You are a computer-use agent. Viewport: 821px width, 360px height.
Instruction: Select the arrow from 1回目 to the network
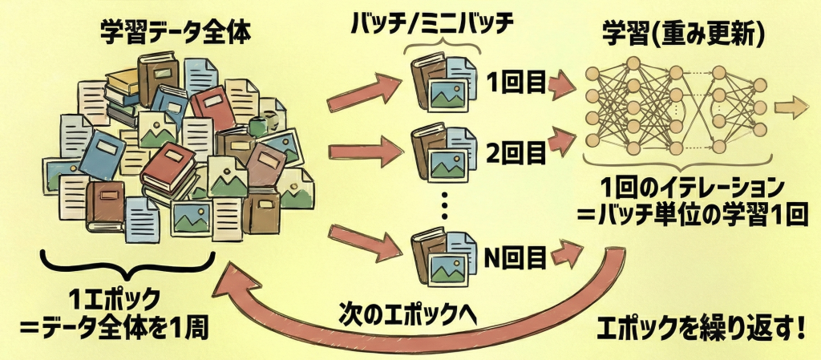(x=563, y=82)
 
